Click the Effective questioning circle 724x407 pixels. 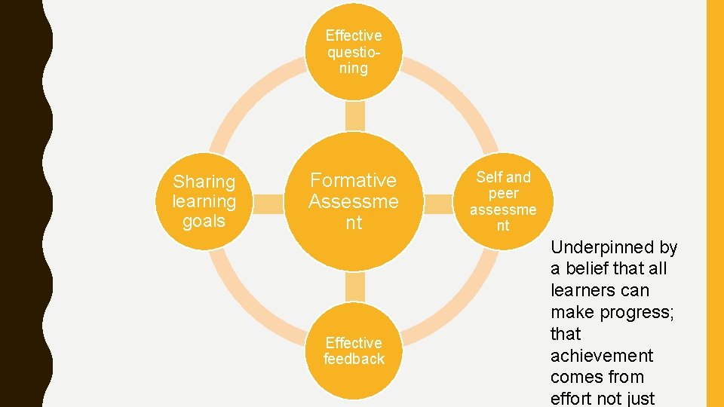(x=354, y=51)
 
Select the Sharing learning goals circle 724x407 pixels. (x=204, y=201)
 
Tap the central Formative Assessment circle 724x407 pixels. (x=354, y=201)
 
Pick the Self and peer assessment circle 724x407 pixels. (x=503, y=201)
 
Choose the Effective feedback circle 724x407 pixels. (x=354, y=351)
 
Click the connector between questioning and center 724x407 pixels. (x=354, y=116)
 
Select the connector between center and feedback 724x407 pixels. (x=354, y=287)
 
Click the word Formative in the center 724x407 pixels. (x=354, y=180)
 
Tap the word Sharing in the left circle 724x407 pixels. (x=204, y=182)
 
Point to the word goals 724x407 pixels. (x=204, y=221)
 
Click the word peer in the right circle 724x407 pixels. (x=503, y=193)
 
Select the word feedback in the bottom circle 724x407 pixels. (x=354, y=360)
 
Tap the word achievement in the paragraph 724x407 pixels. (x=601, y=355)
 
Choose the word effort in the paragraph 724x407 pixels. (x=574, y=399)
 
